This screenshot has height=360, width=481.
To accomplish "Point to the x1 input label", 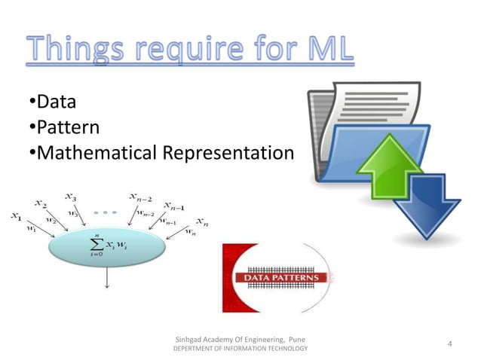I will [x=15, y=218].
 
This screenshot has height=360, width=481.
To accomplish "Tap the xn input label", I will [x=201, y=221].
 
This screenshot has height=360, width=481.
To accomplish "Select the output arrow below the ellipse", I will [x=107, y=278].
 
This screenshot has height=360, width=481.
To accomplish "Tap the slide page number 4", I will [x=449, y=344].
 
